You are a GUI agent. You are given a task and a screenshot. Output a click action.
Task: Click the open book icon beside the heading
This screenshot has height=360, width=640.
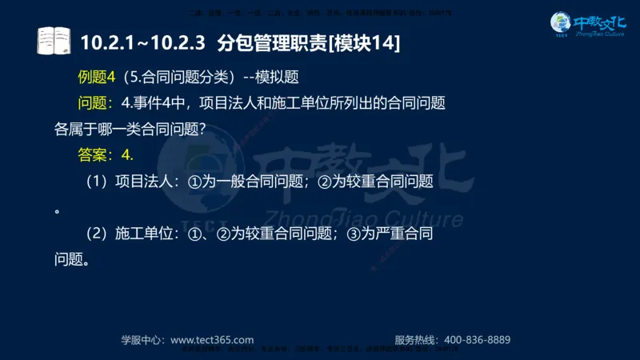(x=54, y=41)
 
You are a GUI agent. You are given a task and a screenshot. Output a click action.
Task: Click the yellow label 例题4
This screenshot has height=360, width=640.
(x=98, y=78)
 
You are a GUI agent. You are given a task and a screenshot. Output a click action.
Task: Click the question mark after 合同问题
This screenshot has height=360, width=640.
(x=199, y=129)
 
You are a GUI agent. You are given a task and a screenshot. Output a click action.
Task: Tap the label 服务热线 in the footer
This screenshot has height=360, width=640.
(x=417, y=339)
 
